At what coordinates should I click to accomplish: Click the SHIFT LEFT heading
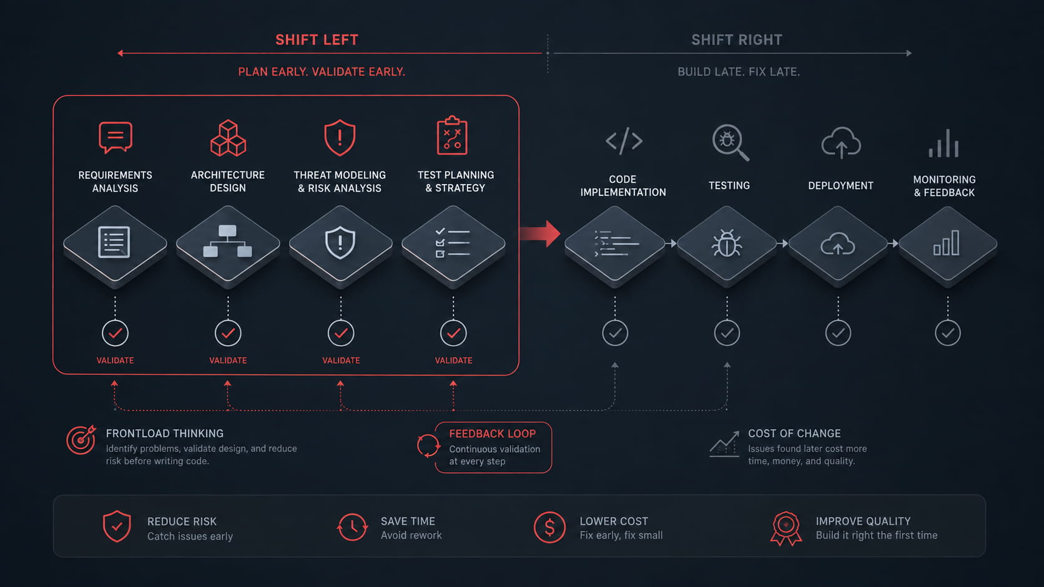(x=317, y=40)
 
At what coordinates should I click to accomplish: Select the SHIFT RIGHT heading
(x=737, y=40)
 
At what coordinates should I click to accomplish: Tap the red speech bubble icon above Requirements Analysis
(x=116, y=137)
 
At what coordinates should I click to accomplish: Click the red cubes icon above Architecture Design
(x=228, y=138)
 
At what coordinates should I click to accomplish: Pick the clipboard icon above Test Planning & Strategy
(x=452, y=135)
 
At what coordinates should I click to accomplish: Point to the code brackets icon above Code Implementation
(x=624, y=140)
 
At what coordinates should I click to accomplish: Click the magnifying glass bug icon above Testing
(x=731, y=142)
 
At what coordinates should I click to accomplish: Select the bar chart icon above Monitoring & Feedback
(x=943, y=143)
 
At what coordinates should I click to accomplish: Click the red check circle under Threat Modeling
(x=341, y=333)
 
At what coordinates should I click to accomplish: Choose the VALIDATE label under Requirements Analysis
(x=115, y=361)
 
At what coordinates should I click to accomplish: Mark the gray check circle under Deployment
(x=838, y=333)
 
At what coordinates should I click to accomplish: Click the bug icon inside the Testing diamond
(x=727, y=243)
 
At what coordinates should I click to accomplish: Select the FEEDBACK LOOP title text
(x=492, y=434)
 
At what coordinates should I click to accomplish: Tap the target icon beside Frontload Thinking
(x=81, y=439)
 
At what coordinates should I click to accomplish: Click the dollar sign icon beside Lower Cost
(x=549, y=527)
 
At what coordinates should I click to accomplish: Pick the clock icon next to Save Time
(x=352, y=527)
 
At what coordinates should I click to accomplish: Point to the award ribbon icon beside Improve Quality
(x=785, y=528)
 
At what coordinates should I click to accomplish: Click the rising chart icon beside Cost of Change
(x=724, y=444)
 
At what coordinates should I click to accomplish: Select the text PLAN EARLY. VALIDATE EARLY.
(x=322, y=72)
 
